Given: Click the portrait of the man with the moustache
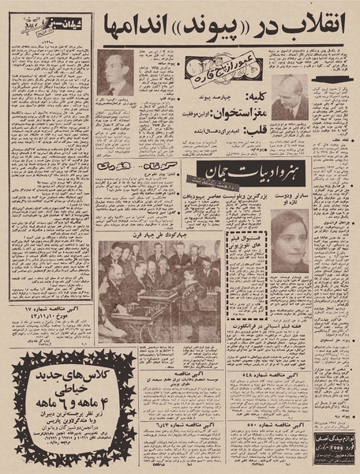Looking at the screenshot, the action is [x=117, y=73].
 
